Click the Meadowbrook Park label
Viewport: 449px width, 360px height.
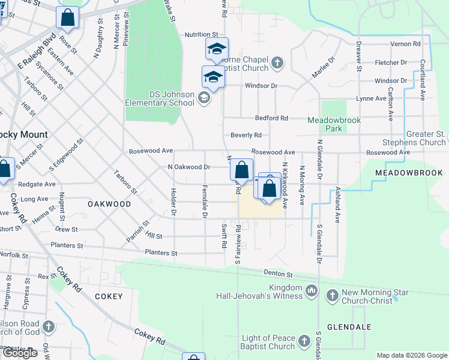[x=334, y=124]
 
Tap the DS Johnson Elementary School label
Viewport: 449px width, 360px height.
[x=160, y=98]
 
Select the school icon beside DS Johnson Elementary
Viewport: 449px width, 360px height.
[x=203, y=98]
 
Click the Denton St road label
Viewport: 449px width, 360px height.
[x=277, y=274]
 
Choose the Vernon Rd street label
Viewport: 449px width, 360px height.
[x=405, y=44]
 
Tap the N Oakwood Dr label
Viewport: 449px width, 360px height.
[x=188, y=167]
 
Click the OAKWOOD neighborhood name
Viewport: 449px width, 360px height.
[x=109, y=204]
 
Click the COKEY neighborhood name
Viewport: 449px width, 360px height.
[x=109, y=296]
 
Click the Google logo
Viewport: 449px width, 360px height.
[x=20, y=353]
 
